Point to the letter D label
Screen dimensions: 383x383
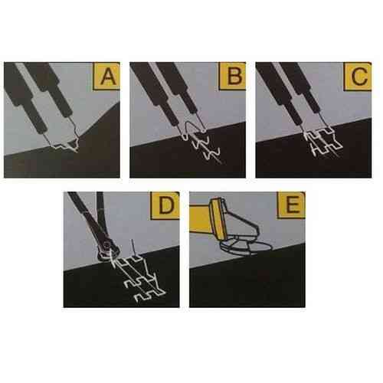click(x=165, y=206)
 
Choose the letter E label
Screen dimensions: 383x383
click(x=292, y=205)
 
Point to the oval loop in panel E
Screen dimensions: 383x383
click(x=258, y=247)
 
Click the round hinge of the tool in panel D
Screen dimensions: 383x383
click(x=109, y=246)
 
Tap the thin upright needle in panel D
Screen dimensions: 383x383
click(x=133, y=247)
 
